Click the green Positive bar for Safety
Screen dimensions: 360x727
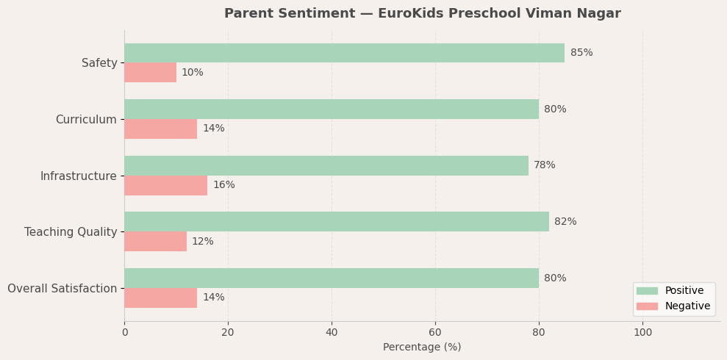(x=344, y=53)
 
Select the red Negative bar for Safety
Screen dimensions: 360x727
(x=150, y=73)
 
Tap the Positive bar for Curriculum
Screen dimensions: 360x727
(x=331, y=109)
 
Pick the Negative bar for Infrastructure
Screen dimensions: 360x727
(x=165, y=185)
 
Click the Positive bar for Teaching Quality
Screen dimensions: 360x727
(x=336, y=222)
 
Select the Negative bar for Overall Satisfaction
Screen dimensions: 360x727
(x=160, y=298)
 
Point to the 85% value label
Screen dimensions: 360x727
(x=581, y=53)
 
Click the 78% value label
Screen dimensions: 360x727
(x=545, y=165)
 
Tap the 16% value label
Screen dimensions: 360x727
(x=224, y=185)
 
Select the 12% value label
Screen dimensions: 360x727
(x=203, y=242)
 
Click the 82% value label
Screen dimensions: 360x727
(x=565, y=222)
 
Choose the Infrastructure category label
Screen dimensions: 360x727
(x=78, y=176)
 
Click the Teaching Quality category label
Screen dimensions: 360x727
(x=71, y=232)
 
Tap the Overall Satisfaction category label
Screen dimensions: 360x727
(x=62, y=289)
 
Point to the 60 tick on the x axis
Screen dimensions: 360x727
(x=435, y=332)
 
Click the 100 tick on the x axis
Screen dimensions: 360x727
(x=642, y=332)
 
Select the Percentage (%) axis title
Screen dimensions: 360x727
(x=422, y=348)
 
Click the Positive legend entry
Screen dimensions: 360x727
(x=684, y=291)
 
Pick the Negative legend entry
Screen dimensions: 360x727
(x=687, y=306)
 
